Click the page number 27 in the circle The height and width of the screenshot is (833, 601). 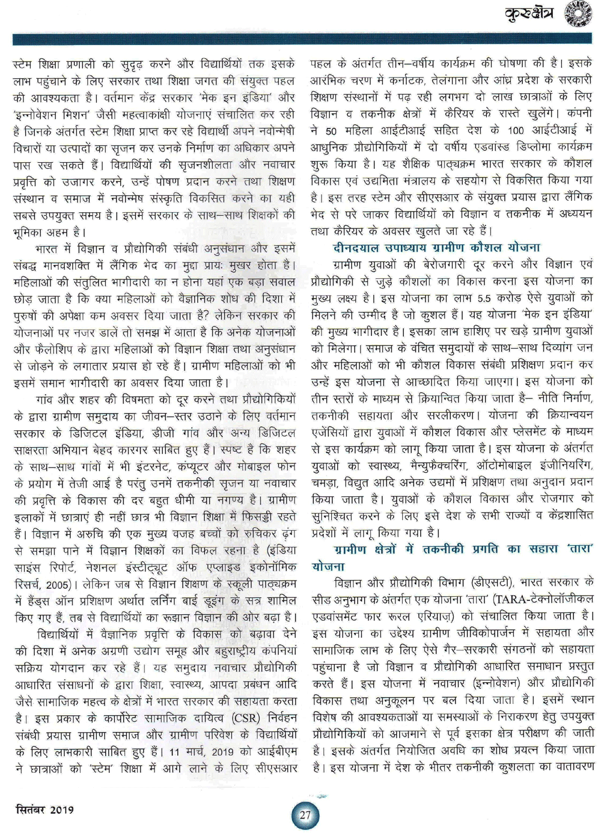305,815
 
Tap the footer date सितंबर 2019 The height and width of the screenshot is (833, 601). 44,809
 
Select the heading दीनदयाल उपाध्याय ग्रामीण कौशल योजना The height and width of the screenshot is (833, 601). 436,247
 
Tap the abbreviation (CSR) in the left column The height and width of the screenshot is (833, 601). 227,718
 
